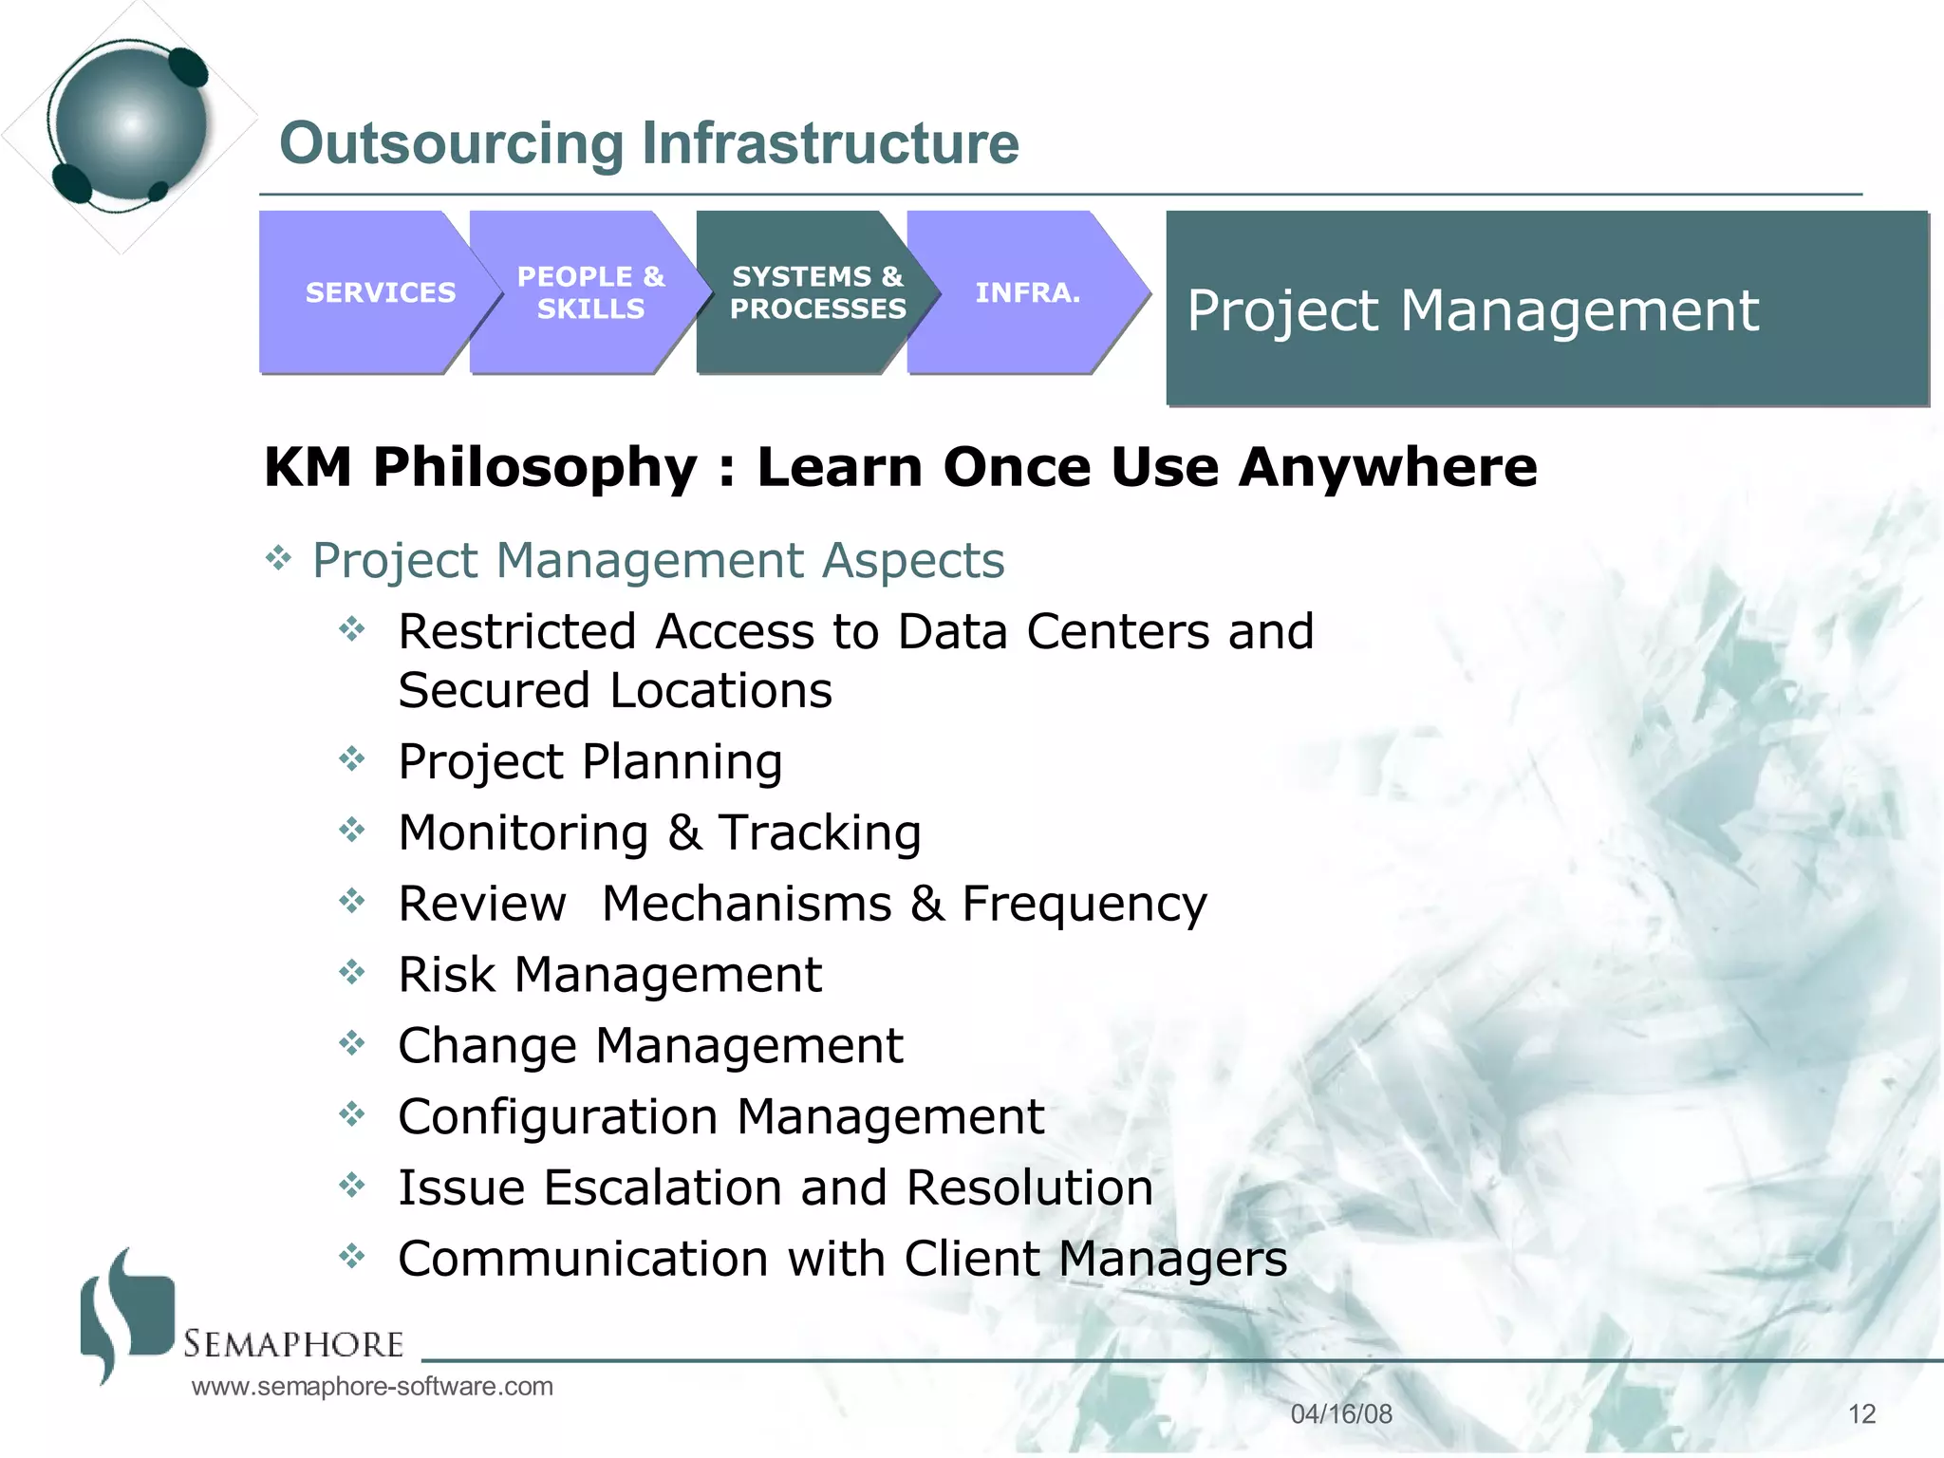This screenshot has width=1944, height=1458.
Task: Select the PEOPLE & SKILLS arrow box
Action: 589,292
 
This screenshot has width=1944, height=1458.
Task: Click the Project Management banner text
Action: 1472,310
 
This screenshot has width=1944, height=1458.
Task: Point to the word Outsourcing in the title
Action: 452,143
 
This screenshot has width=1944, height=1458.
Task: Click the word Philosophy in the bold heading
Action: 535,468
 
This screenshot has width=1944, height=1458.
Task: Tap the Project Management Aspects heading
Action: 658,560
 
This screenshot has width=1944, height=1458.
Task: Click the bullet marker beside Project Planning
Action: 352,758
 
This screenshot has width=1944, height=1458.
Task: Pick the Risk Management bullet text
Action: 609,975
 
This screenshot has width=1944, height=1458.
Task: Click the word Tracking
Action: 819,832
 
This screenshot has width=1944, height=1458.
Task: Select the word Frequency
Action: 1084,904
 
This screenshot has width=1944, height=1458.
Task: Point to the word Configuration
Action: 557,1117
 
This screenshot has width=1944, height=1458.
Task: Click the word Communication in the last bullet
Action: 583,1259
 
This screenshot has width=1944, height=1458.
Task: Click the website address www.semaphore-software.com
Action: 372,1386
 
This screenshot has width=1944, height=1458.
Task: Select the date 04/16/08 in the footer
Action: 1340,1413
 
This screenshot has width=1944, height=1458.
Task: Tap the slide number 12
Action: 1861,1413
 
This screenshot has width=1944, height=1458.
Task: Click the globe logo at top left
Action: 129,123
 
